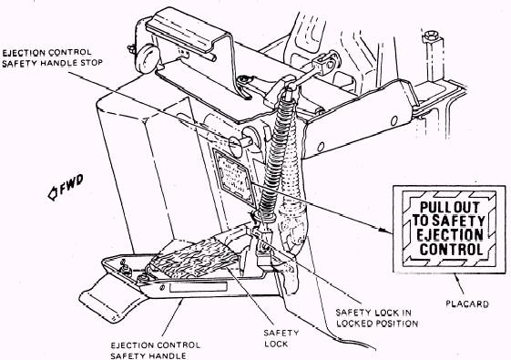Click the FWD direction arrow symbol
click(53, 193)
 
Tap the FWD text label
click(71, 183)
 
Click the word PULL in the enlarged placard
click(432, 208)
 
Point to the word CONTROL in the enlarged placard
click(451, 250)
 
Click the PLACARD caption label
click(467, 303)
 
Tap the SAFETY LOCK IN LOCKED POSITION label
click(377, 318)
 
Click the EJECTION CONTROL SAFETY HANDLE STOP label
click(52, 57)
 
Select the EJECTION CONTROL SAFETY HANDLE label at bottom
click(156, 350)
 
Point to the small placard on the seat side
click(233, 177)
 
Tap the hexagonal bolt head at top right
click(432, 36)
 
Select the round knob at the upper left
click(146, 58)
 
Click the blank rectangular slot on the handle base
click(199, 287)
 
